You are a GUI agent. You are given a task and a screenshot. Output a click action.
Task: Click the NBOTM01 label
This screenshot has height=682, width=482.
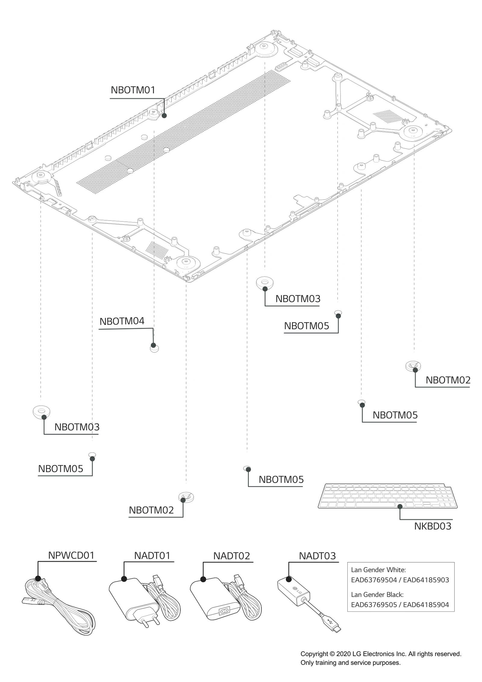click(133, 90)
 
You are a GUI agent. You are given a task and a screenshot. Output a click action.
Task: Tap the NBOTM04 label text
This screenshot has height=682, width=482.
click(122, 321)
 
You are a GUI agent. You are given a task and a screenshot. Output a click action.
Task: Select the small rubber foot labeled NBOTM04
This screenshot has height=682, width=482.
click(154, 349)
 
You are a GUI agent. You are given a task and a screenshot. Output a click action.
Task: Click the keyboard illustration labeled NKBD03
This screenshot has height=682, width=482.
click(389, 496)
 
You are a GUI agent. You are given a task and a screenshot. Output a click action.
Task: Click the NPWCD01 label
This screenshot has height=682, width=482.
click(71, 555)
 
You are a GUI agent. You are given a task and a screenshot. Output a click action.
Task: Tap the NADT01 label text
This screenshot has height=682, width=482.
click(152, 555)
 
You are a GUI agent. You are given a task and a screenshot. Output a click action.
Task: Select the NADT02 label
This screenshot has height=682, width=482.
click(232, 556)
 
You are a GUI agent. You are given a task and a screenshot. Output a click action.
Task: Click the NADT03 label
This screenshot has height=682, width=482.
click(317, 556)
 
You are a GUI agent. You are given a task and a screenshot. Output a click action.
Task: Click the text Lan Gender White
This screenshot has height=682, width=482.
click(378, 570)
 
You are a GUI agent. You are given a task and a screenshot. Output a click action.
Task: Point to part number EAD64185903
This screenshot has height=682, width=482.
click(426, 580)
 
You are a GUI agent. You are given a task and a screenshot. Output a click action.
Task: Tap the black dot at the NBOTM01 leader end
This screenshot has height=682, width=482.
click(164, 115)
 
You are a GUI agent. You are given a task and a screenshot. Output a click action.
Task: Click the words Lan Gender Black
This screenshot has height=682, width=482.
click(377, 595)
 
